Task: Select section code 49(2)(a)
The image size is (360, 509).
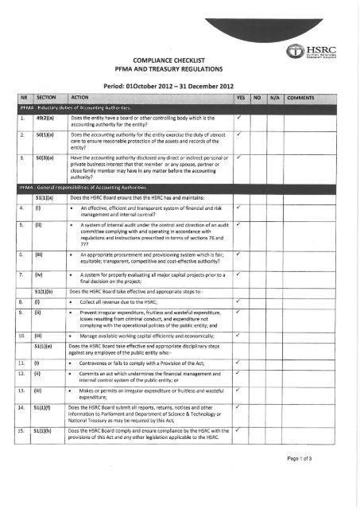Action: point(45,119)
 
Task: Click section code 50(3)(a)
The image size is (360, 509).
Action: point(45,158)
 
